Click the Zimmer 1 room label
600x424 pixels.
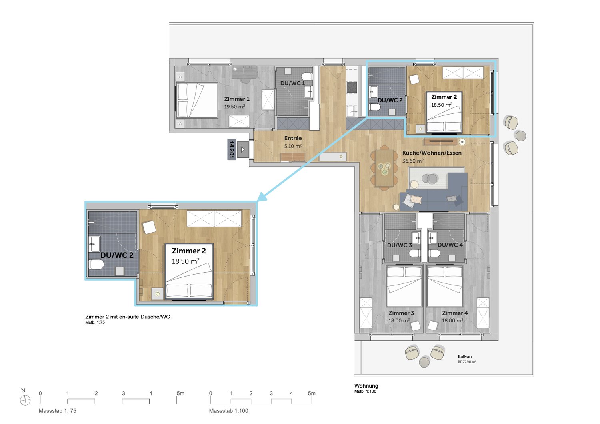pyautogui.click(x=237, y=99)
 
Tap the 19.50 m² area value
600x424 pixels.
pyautogui.click(x=234, y=107)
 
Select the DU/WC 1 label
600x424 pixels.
pyautogui.click(x=292, y=83)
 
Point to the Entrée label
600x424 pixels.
pyautogui.click(x=293, y=138)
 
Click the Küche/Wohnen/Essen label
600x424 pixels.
pyautogui.click(x=432, y=153)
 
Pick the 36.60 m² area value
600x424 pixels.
pyautogui.click(x=413, y=161)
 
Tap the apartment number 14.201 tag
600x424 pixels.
pyautogui.click(x=232, y=149)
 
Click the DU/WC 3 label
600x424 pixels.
pyautogui.click(x=399, y=245)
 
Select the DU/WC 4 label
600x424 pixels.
pyautogui.click(x=450, y=245)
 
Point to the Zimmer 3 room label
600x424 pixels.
pyautogui.click(x=401, y=313)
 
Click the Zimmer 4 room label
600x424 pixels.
pyautogui.click(x=454, y=313)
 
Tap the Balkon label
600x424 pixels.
pyautogui.click(x=464, y=356)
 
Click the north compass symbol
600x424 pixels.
pyautogui.click(x=25, y=400)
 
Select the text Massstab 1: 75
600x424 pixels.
pyautogui.click(x=57, y=411)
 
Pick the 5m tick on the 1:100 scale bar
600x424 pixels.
pyautogui.click(x=312, y=393)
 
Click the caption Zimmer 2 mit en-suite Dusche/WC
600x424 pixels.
pyautogui.click(x=128, y=317)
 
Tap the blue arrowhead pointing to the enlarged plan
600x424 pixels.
pyautogui.click(x=262, y=197)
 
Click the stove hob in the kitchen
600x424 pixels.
pyautogui.click(x=352, y=87)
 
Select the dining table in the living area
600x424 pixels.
pyautogui.click(x=384, y=168)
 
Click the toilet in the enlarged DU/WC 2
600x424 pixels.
pyautogui.click(x=96, y=265)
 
